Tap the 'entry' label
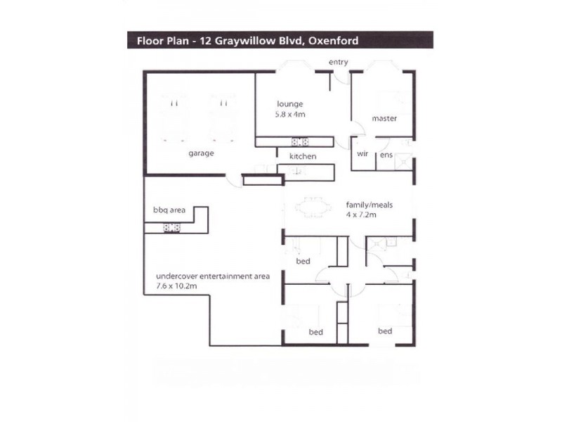(x=339, y=62)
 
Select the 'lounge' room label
(x=290, y=104)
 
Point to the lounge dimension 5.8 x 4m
(x=290, y=115)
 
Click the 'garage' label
(x=201, y=153)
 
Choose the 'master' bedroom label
(x=384, y=118)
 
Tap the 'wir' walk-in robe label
(x=362, y=153)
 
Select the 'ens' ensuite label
(x=386, y=155)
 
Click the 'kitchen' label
(x=303, y=156)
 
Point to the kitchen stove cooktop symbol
(x=300, y=142)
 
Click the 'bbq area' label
(x=169, y=210)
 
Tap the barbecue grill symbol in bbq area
(x=171, y=227)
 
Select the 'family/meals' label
(x=370, y=205)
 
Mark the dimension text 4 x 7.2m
(x=361, y=215)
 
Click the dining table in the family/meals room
(x=313, y=207)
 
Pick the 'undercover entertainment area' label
(x=213, y=276)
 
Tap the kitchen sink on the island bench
(x=297, y=172)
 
